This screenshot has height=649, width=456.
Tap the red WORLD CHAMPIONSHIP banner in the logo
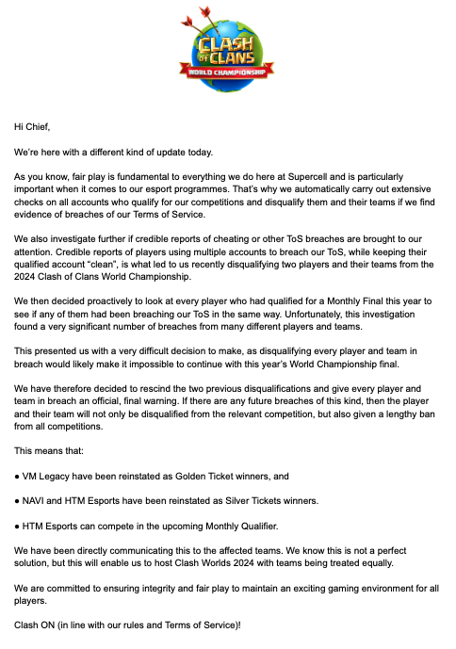tap(227, 72)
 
